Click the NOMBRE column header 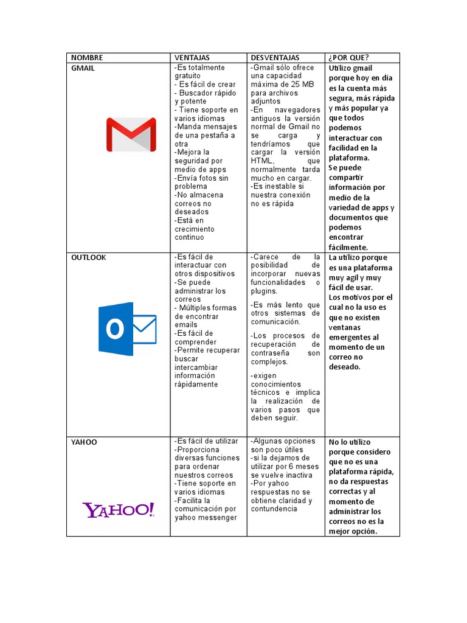87,58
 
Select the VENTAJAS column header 192,58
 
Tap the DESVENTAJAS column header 275,58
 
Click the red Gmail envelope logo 131,134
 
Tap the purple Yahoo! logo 119,510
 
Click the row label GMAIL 83,68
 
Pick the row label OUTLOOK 88,257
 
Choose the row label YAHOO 84,442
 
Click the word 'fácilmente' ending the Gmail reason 348,247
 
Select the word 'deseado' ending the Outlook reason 345,367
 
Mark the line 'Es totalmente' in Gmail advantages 199,68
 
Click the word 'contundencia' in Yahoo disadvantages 274,509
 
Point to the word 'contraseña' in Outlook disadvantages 271,353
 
